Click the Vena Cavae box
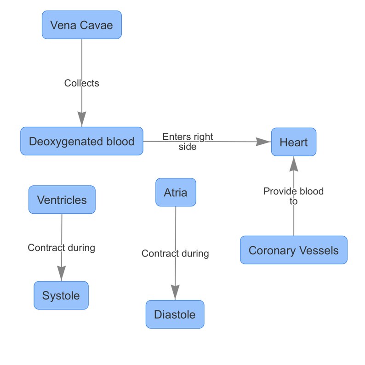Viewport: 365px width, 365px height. tap(82, 25)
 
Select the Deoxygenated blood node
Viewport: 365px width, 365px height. tap(82, 141)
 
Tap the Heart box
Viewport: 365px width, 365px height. tap(293, 142)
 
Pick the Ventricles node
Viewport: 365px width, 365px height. tap(62, 200)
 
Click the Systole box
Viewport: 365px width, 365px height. tap(61, 296)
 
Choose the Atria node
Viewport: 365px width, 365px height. tap(176, 192)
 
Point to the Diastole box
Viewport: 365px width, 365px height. tap(175, 314)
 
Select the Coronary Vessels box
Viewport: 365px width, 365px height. tap(293, 250)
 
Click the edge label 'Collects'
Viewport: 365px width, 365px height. tap(82, 83)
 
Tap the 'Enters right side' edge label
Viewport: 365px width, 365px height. tap(188, 142)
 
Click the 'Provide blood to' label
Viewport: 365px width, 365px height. tap(293, 196)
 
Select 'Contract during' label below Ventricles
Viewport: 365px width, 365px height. tap(61, 248)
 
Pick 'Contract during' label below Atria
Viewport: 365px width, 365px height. tap(175, 253)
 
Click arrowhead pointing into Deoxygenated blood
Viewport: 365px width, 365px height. tap(82, 120)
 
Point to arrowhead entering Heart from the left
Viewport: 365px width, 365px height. tap(263, 142)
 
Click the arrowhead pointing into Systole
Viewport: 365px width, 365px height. tap(61, 274)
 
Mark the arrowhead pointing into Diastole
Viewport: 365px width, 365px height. tap(175, 292)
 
